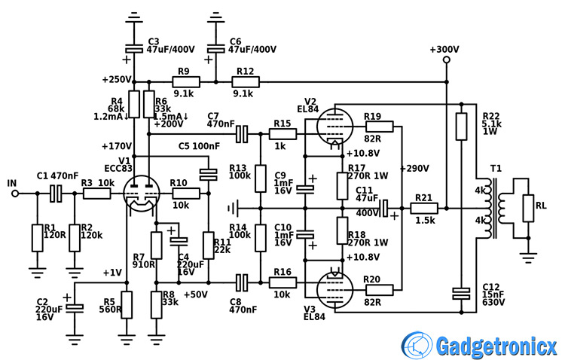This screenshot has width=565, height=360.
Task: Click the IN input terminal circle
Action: [x=14, y=194]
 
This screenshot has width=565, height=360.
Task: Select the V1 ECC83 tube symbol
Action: [x=140, y=194]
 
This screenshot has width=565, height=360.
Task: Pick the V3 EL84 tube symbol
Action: [x=332, y=287]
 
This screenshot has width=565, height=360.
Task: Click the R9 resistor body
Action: [x=183, y=81]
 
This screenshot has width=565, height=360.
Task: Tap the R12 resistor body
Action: [x=244, y=81]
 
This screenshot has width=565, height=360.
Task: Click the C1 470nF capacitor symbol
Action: [x=55, y=194]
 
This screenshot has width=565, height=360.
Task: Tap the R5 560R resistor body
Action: [x=127, y=304]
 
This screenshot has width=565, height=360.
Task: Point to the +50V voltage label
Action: [x=194, y=294]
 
